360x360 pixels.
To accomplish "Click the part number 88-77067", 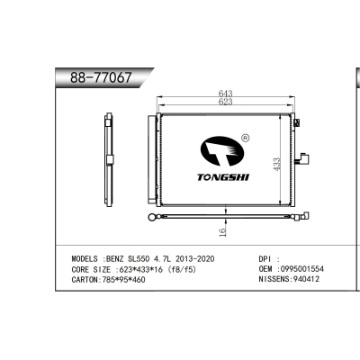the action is [x=101, y=77].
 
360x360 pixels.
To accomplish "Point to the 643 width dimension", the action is [x=225, y=94].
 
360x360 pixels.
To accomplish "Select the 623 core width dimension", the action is [x=225, y=102].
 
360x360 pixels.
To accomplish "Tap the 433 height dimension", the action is [x=276, y=165].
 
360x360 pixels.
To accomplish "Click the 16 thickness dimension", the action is [x=222, y=232].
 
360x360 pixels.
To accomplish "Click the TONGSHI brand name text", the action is [x=223, y=177].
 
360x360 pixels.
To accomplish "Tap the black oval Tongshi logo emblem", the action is [x=222, y=151].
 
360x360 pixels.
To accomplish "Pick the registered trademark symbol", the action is [x=246, y=138].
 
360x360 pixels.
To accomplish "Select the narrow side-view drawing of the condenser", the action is [x=109, y=157].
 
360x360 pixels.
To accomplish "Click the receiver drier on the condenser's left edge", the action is [x=152, y=159].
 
